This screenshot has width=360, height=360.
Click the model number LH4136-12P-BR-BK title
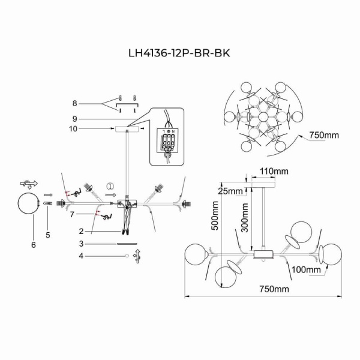[179, 52]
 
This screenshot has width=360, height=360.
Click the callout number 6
[34, 245]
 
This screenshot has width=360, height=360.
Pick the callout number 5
[48, 228]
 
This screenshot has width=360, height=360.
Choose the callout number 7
[72, 214]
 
